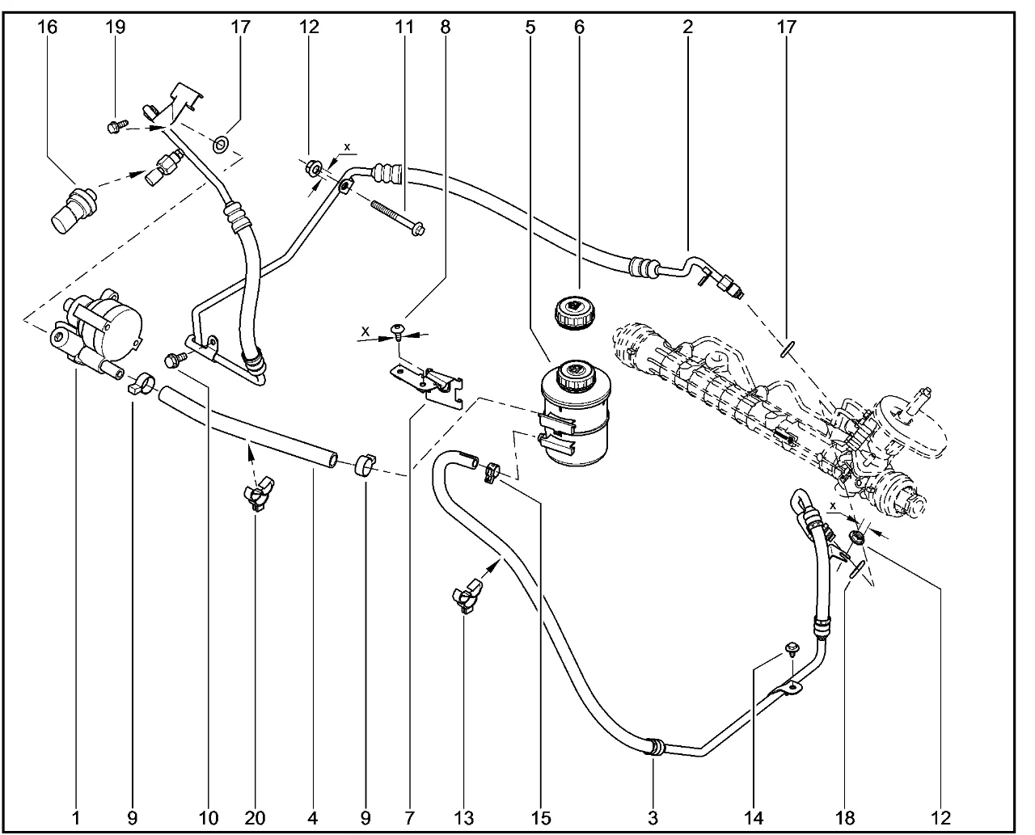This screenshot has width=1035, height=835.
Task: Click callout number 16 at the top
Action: point(47,27)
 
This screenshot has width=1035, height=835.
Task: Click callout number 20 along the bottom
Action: point(256,817)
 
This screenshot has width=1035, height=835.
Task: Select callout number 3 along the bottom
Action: point(653,817)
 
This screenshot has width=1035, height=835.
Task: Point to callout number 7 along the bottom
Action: point(410,817)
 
